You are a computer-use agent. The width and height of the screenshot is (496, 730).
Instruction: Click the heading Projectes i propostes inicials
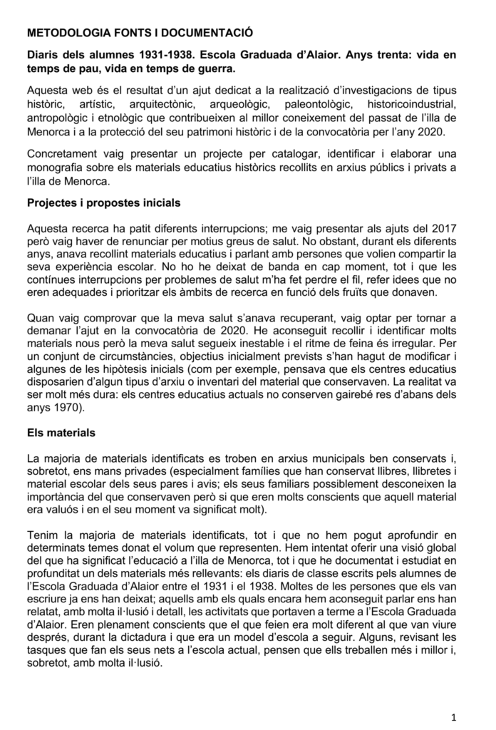coord(103,202)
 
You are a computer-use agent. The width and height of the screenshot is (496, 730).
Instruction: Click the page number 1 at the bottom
coord(454,715)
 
